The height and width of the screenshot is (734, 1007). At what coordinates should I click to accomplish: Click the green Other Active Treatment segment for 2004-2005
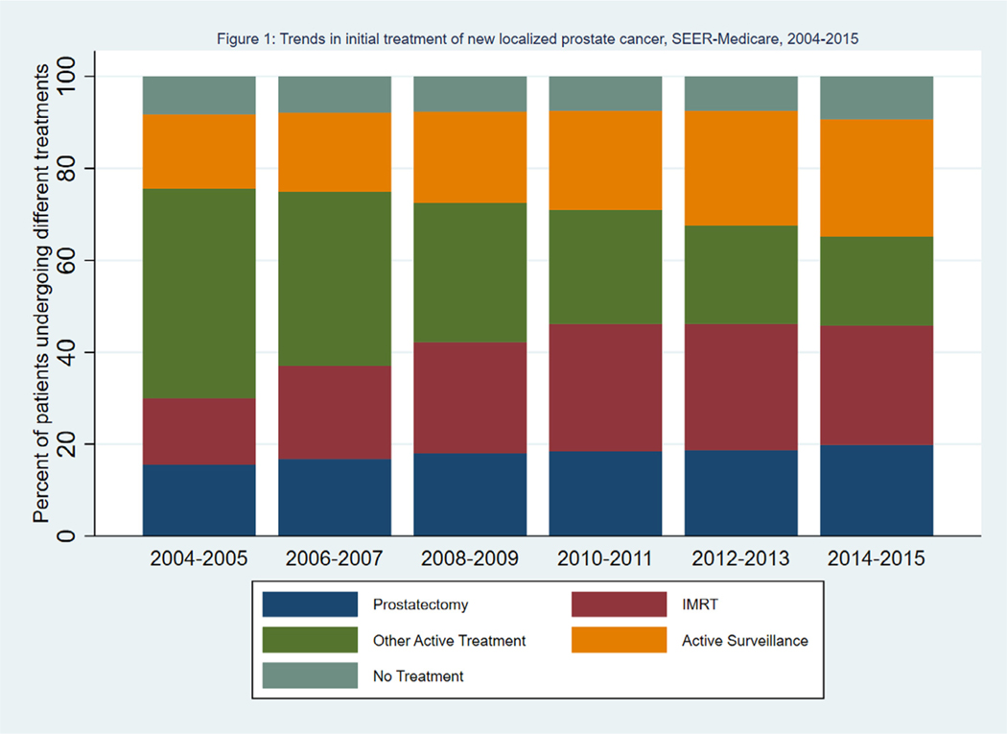pos(199,294)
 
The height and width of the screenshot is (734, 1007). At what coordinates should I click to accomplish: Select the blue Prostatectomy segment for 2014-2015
pos(877,489)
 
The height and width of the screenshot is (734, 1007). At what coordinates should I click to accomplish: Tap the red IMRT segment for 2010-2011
pos(605,388)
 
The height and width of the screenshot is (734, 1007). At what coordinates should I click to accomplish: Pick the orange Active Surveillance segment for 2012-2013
pos(741,168)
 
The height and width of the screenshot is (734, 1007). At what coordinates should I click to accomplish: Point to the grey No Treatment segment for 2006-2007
pos(335,94)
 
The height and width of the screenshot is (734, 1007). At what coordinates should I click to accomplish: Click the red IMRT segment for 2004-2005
pos(199,432)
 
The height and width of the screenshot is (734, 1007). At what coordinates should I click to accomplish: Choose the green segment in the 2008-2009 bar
pos(470,272)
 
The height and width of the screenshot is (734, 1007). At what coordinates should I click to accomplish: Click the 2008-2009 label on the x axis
pos(470,558)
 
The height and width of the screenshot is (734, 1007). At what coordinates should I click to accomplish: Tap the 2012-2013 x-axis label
pos(741,558)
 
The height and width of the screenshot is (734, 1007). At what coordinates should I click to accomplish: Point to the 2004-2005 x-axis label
pos(199,558)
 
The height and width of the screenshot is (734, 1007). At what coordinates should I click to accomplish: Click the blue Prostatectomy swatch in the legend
pos(310,604)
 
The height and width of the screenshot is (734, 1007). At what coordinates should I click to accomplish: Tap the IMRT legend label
pos(699,604)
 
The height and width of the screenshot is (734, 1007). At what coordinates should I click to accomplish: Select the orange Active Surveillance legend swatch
pos(619,640)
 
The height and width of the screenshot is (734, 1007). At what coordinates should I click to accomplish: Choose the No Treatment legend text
pos(418,676)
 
